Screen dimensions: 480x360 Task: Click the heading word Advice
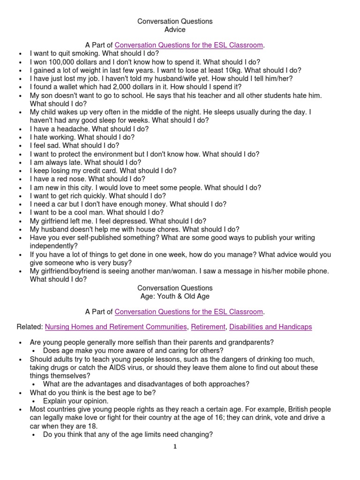tap(175, 30)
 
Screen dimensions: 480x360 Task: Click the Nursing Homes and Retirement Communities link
tap(115, 327)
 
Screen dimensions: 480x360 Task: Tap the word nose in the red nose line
tap(78, 179)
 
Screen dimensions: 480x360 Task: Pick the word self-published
tap(95, 238)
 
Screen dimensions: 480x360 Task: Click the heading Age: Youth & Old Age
tap(175, 296)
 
